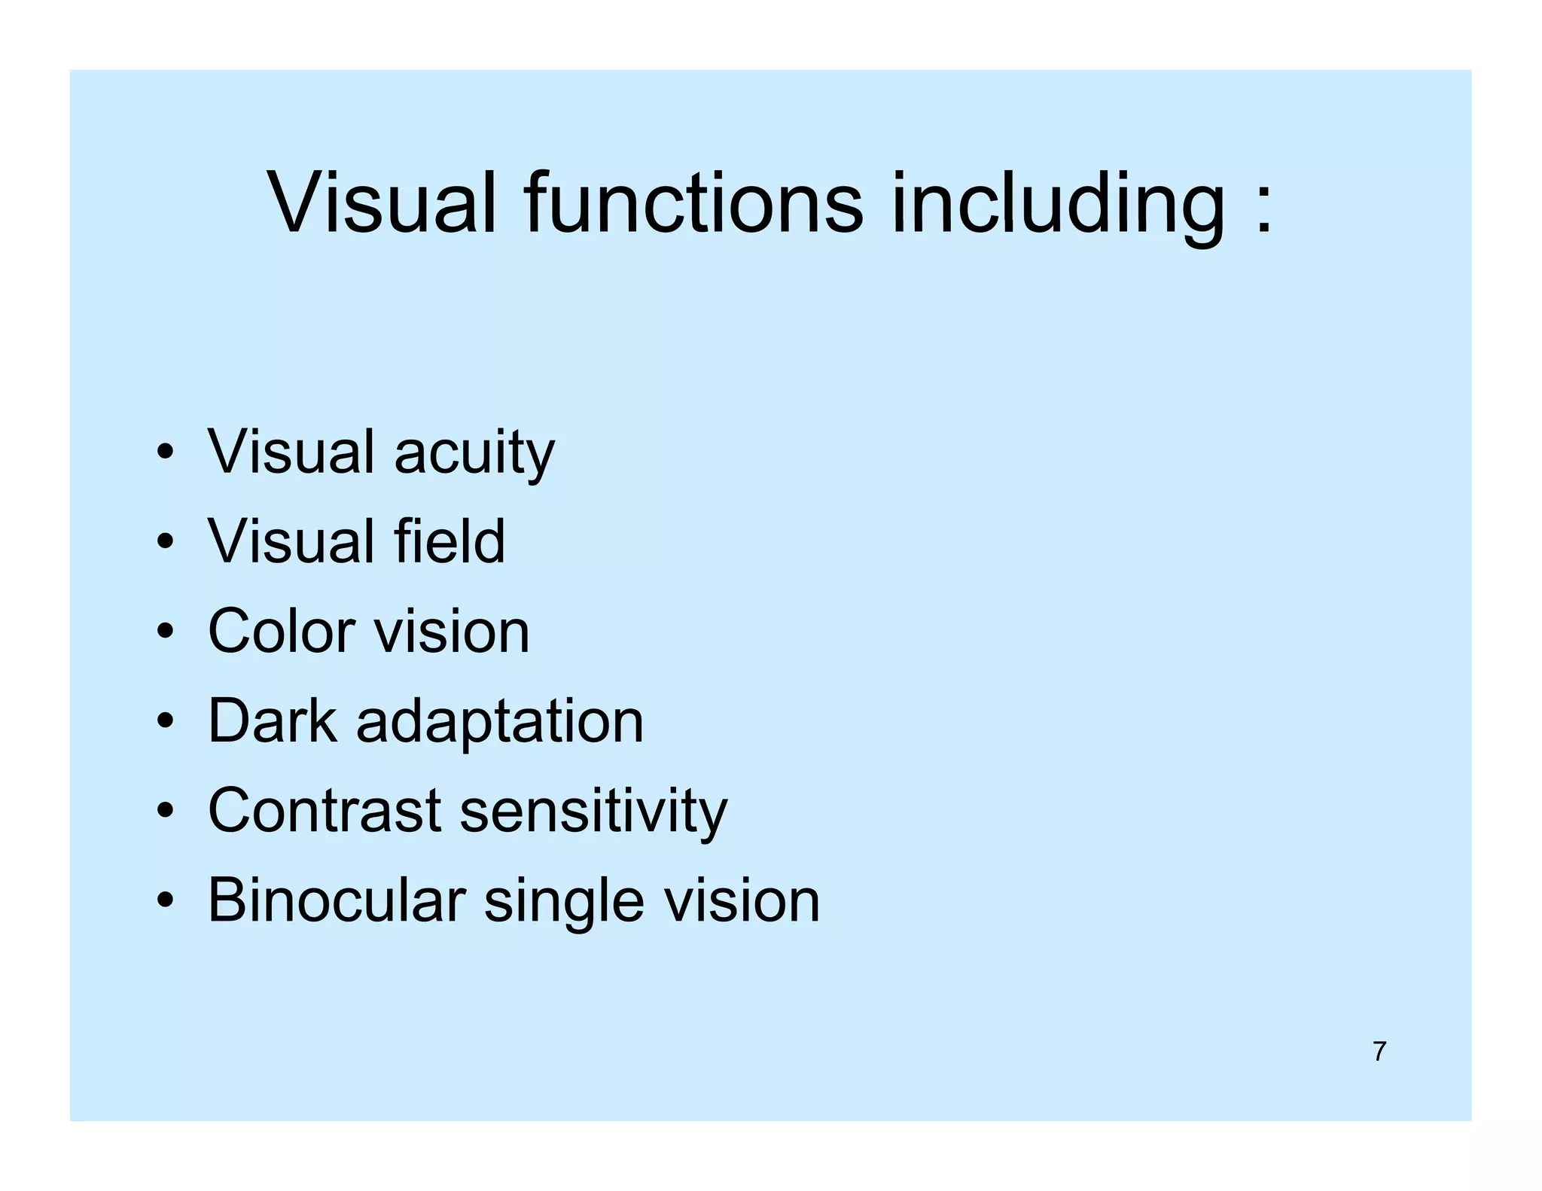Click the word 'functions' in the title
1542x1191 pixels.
click(693, 203)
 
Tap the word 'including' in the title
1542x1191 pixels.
click(1059, 203)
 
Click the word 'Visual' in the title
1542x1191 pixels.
click(382, 203)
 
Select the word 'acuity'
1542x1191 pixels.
click(474, 452)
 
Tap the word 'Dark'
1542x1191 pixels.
click(273, 720)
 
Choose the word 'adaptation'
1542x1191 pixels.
click(500, 722)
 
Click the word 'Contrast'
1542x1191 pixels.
click(325, 810)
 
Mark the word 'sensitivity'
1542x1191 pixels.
click(594, 812)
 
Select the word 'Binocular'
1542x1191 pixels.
click(337, 900)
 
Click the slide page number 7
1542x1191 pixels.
click(1379, 1051)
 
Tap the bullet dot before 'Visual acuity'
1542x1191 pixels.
click(166, 453)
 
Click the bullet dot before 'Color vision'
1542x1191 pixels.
click(166, 632)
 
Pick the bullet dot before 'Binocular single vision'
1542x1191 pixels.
click(166, 900)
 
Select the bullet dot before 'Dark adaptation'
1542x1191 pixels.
click(166, 721)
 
